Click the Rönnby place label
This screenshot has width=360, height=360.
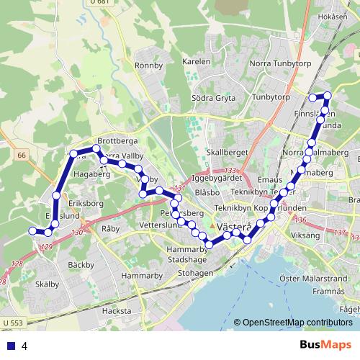tap(149, 65)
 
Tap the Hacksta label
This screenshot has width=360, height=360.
tap(117, 310)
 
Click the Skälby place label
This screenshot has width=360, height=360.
tap(47, 284)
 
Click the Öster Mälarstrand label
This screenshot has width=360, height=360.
tap(310, 277)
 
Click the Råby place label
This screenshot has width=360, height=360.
tap(110, 228)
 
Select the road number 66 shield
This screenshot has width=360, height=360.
tap(22, 155)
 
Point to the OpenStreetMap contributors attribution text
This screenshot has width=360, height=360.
tap(293, 323)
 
